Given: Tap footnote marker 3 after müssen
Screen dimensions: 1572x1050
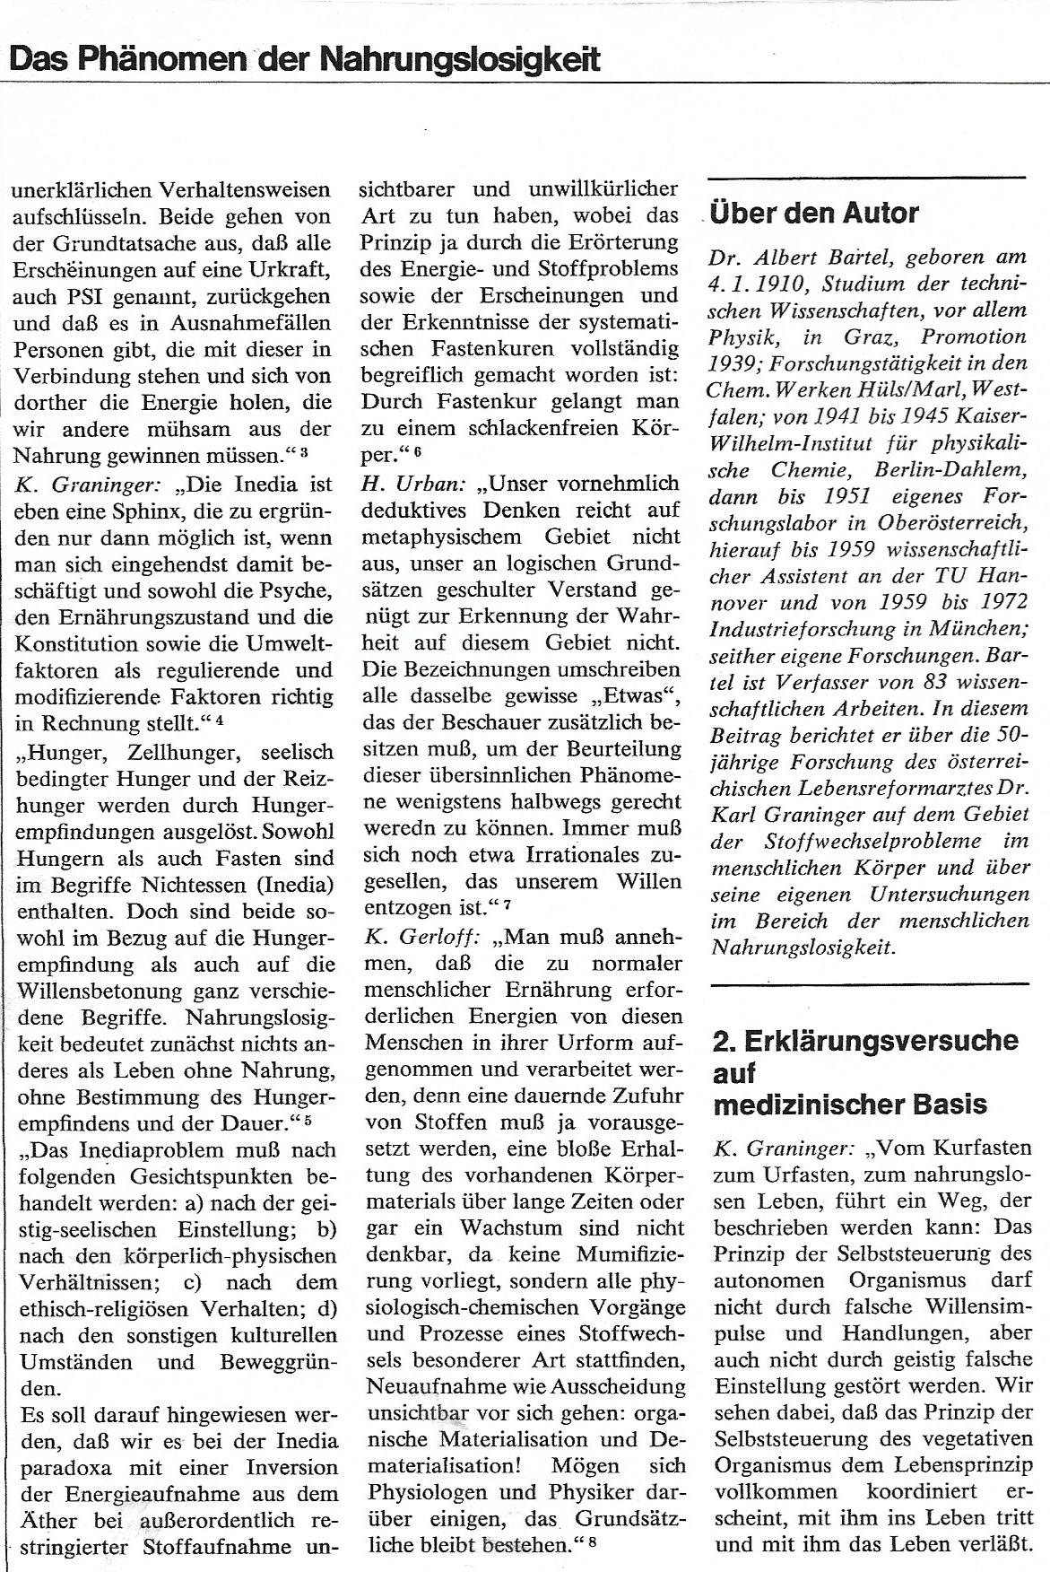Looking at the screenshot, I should pyautogui.click(x=305, y=452).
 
